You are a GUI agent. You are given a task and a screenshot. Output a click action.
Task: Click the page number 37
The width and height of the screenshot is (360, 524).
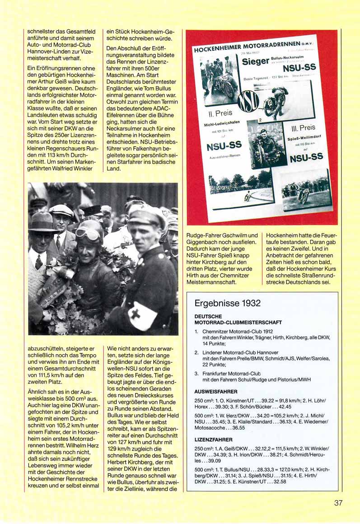click(x=339, y=503)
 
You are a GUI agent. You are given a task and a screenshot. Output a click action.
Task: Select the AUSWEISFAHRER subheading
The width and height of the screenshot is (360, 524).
click(x=214, y=391)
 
